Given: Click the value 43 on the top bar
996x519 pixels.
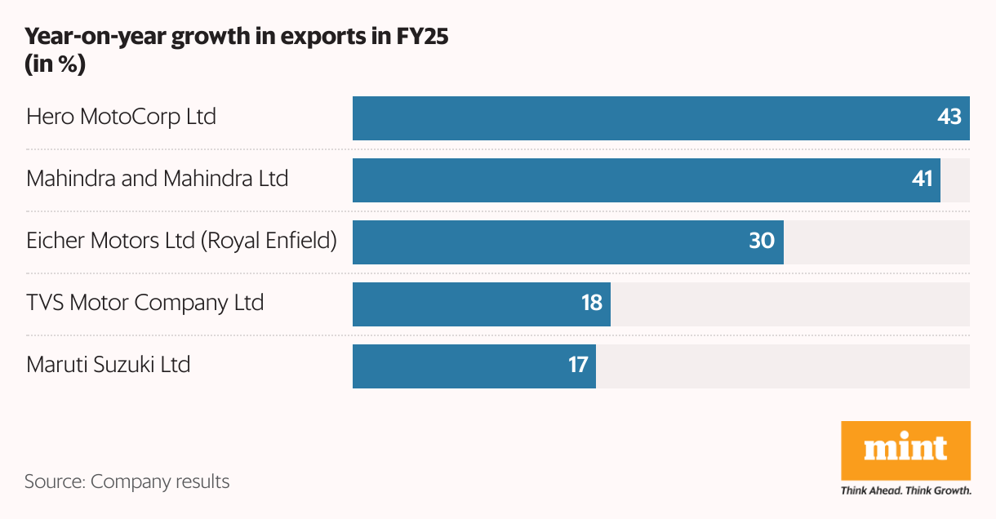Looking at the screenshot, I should [x=949, y=118].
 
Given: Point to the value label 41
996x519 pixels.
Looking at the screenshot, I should [x=922, y=180].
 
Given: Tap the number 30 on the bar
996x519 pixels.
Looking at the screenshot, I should [x=762, y=242].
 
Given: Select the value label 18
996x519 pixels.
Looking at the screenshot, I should [x=591, y=304].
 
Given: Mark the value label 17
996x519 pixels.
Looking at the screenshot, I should [x=577, y=366].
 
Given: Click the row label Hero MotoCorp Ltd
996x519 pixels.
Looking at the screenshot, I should [x=121, y=117].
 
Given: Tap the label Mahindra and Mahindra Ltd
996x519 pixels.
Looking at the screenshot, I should [x=158, y=179].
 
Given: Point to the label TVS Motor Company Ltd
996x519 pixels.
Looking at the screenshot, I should [x=145, y=303].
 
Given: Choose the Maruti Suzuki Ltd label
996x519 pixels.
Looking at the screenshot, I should [x=109, y=364].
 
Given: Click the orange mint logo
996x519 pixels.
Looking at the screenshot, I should [x=905, y=450].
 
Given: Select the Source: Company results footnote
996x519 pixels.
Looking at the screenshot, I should [x=127, y=481].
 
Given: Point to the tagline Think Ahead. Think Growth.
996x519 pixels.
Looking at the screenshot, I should [x=905, y=491].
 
